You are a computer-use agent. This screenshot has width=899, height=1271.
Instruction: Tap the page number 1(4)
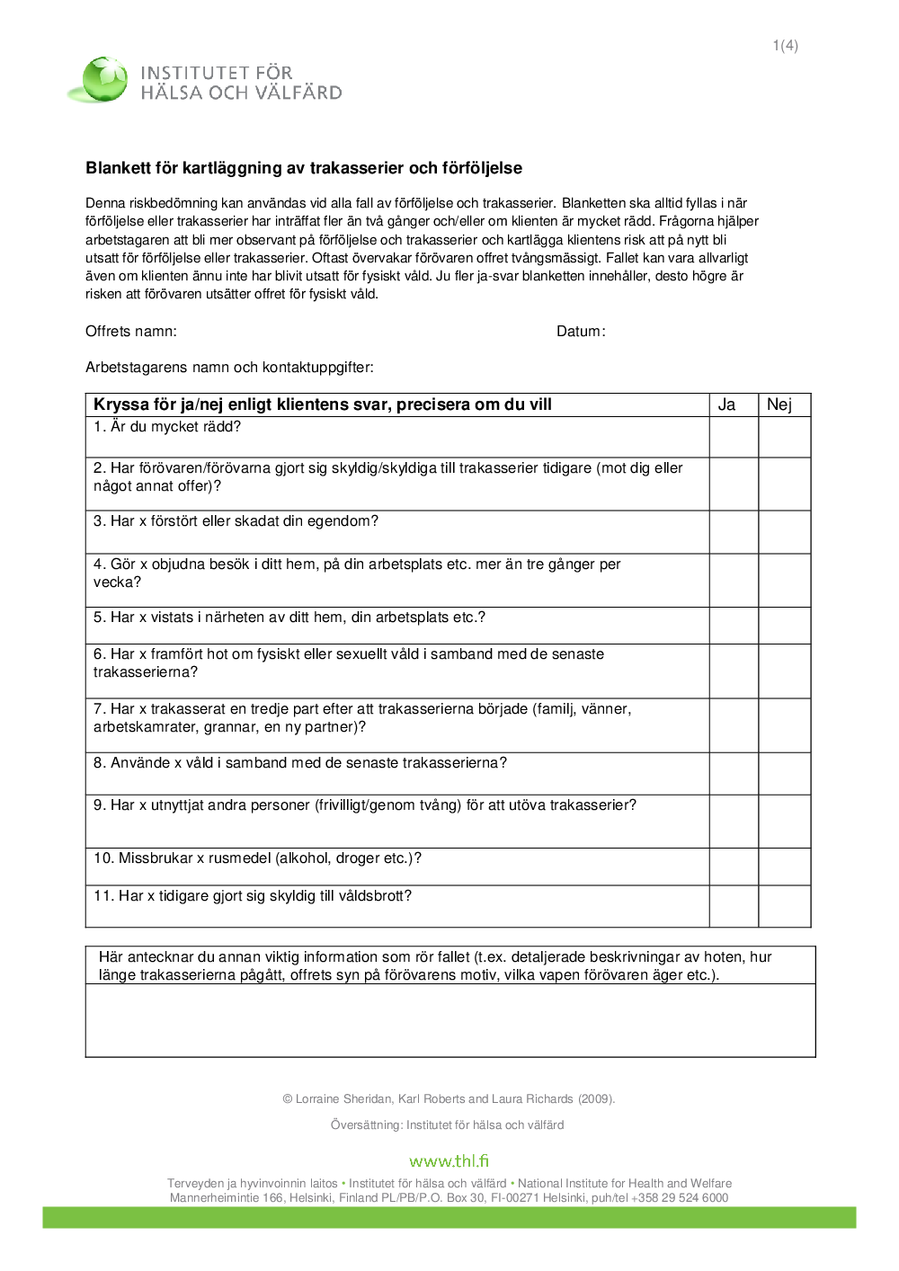point(785,46)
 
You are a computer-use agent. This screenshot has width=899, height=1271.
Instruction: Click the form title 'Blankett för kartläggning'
point(304,168)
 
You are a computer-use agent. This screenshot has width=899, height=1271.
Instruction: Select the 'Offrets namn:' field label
point(131,332)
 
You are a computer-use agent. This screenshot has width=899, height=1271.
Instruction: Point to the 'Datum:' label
point(581,332)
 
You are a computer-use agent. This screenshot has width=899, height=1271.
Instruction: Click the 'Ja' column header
point(726,404)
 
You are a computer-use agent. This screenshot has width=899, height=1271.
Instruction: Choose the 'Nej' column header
point(779,404)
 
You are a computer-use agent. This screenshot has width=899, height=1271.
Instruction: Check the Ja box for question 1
point(734,437)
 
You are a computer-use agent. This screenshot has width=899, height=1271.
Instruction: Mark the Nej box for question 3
point(785,532)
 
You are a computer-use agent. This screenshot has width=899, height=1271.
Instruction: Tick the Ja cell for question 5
point(734,626)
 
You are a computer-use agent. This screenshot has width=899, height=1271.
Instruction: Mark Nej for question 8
point(785,774)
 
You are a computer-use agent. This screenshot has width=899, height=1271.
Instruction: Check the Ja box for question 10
point(734,867)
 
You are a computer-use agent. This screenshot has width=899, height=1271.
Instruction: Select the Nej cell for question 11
point(785,906)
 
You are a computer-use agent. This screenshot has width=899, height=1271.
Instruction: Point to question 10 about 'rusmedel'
point(257,858)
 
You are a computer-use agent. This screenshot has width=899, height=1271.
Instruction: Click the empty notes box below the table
point(449,1020)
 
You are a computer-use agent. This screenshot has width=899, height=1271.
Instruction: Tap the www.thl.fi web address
point(449,1160)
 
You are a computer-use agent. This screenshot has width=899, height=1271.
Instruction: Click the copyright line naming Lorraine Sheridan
point(449,1098)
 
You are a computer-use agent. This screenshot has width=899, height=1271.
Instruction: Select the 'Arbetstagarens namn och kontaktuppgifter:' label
point(229,368)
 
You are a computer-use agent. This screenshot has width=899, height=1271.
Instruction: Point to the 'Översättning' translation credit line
point(448,1124)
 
